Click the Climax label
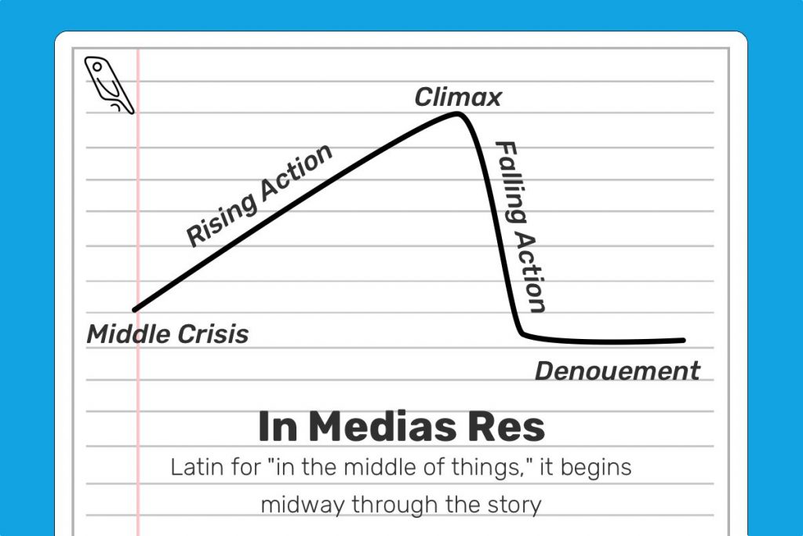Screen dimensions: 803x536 point(458,97)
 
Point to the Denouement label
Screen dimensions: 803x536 point(616,371)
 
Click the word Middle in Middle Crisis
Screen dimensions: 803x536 point(126,334)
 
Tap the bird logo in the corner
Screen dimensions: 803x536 point(109,85)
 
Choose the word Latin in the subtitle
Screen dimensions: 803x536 point(193,468)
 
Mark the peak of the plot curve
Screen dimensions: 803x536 point(456,115)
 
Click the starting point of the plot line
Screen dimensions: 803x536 point(136,309)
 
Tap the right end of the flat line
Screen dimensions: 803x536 point(682,341)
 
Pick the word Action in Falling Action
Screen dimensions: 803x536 point(531,271)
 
